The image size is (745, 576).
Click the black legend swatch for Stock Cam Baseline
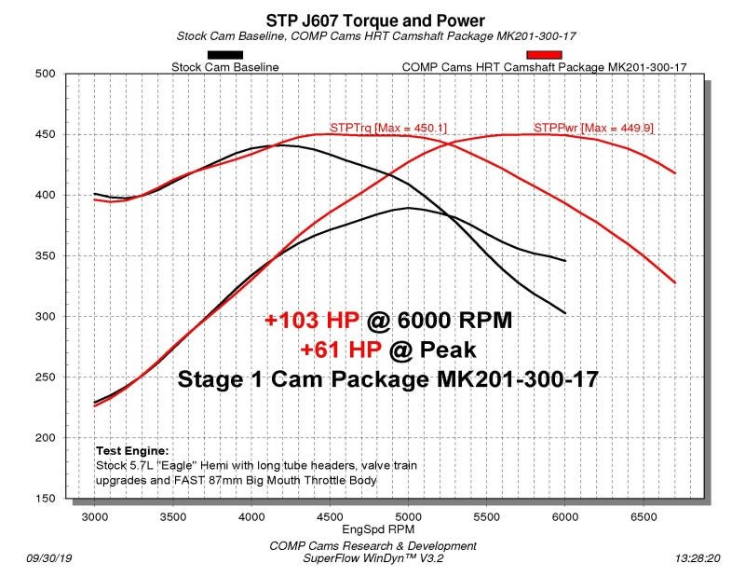227,55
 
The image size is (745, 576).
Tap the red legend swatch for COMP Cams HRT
544,55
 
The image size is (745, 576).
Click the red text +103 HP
311,321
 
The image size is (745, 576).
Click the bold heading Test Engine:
133,449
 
